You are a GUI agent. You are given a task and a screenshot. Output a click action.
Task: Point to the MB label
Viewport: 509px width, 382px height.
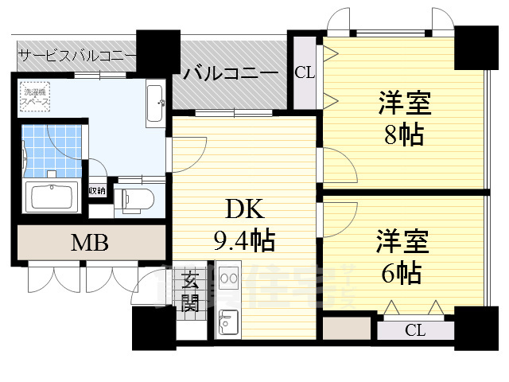click(x=90, y=242)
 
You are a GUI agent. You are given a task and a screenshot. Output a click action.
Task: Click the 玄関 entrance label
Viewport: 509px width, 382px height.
click(x=192, y=291)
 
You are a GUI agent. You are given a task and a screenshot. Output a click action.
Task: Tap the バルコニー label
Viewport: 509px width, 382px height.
click(x=231, y=73)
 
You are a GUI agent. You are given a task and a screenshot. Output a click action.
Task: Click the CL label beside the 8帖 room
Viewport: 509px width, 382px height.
click(x=304, y=72)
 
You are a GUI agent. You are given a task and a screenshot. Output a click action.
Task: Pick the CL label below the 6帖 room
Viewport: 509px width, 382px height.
click(x=414, y=329)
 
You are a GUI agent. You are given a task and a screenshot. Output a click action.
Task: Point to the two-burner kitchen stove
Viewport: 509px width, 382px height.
click(x=228, y=279)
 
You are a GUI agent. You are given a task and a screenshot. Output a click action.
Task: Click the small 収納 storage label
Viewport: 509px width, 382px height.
click(x=96, y=191)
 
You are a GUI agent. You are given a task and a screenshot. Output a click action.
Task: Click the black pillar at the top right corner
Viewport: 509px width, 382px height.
click(x=475, y=47)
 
